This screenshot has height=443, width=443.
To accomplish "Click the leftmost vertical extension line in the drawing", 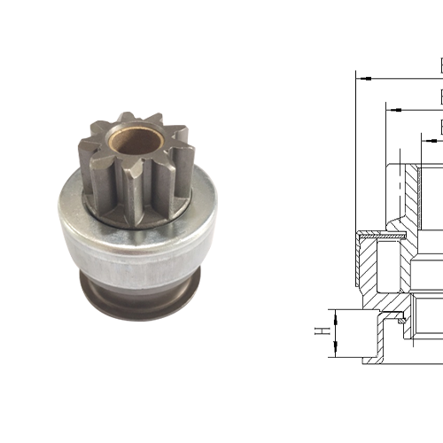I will pyautogui.click(x=356, y=151).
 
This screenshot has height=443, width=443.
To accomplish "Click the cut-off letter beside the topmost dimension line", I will pyautogui.click(x=440, y=65).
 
